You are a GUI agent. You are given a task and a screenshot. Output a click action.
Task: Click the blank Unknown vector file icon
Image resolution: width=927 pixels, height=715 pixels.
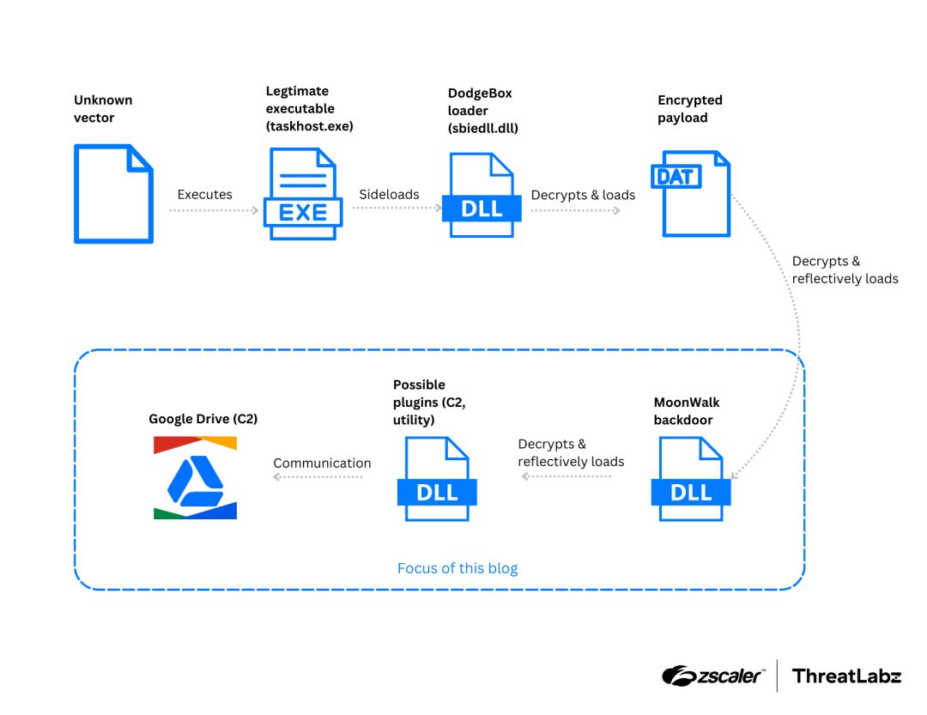click(113, 194)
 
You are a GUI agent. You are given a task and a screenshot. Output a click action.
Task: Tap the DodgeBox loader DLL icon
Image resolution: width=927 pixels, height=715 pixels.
click(482, 195)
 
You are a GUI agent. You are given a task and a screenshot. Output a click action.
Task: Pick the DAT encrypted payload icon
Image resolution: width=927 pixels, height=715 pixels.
click(694, 194)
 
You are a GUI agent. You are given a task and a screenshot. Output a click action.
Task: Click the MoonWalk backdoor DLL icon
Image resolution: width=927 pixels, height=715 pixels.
click(690, 478)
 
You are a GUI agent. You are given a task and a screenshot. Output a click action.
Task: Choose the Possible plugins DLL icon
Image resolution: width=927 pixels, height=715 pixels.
click(436, 478)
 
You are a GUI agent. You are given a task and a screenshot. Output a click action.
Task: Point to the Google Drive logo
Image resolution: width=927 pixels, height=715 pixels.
click(195, 477)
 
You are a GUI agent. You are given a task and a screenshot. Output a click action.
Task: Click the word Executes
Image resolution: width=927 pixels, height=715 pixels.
click(204, 195)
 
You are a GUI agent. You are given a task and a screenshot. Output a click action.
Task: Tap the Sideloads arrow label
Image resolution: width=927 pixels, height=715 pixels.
click(389, 195)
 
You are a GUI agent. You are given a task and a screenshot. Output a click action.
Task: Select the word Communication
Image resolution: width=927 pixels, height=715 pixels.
click(322, 464)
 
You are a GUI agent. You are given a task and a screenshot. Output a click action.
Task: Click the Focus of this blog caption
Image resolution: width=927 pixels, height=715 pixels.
click(457, 568)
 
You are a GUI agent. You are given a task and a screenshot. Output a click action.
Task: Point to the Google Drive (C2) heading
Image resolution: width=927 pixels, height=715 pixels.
click(203, 419)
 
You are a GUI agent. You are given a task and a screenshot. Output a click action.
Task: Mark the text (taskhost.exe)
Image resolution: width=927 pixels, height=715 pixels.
click(310, 126)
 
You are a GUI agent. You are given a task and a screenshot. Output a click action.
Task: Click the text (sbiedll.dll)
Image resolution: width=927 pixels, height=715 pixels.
click(483, 128)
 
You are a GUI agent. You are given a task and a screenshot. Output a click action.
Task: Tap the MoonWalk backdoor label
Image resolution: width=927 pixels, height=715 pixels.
click(687, 411)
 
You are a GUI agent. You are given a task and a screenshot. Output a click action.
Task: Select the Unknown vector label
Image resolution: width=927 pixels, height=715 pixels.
click(103, 109)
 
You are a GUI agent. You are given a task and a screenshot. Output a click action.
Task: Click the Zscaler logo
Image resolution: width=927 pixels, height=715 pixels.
click(712, 676)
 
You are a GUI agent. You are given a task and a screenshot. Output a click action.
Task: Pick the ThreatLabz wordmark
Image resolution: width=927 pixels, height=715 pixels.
click(846, 676)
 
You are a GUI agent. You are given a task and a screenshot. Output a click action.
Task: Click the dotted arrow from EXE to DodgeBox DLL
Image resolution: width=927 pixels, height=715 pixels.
click(391, 209)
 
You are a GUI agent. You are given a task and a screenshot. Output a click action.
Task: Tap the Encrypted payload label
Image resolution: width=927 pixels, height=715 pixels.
click(690, 109)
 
